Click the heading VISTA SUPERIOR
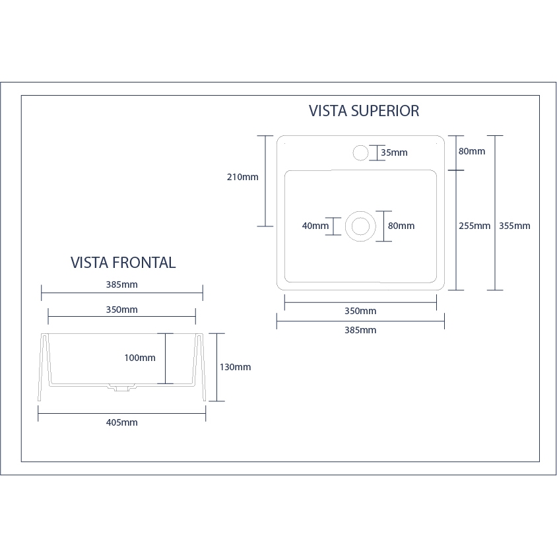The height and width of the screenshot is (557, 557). [364, 111]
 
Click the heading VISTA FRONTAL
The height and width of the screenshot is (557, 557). [123, 263]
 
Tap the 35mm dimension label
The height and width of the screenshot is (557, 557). [394, 153]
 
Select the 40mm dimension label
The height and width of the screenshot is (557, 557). [315, 226]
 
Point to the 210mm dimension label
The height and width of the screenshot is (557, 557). [242, 177]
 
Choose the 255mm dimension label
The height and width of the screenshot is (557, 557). [475, 226]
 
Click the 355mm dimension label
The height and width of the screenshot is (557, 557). [514, 226]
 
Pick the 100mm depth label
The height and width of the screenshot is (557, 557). [140, 358]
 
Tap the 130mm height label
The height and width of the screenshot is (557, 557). [235, 367]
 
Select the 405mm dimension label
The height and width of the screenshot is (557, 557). [121, 422]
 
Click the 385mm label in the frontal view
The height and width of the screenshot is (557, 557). [121, 285]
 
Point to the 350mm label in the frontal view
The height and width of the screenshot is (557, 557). [121, 310]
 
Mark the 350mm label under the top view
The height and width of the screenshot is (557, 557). [360, 311]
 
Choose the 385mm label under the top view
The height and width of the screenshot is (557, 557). [360, 330]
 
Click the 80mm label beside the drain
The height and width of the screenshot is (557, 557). [401, 226]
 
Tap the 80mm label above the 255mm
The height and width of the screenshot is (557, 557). [472, 151]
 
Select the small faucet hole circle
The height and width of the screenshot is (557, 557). [360, 153]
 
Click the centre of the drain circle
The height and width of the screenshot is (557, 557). [360, 226]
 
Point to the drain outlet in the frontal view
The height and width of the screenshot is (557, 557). [120, 389]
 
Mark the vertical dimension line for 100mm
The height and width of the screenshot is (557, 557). [165, 358]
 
